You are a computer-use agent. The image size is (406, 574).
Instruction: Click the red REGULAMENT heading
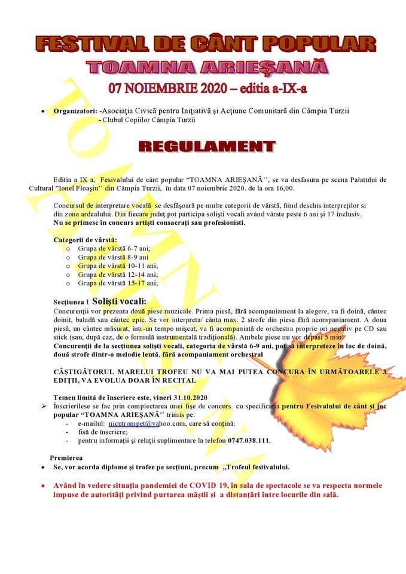click(207, 146)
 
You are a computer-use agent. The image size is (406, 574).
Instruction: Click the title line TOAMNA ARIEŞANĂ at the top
click(207, 67)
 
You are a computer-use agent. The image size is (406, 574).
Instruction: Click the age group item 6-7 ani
click(114, 248)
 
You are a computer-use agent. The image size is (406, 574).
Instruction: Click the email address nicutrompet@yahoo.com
click(147, 423)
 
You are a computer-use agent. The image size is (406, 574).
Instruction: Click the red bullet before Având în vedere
click(44, 486)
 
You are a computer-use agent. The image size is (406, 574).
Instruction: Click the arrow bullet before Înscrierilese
click(44, 406)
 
